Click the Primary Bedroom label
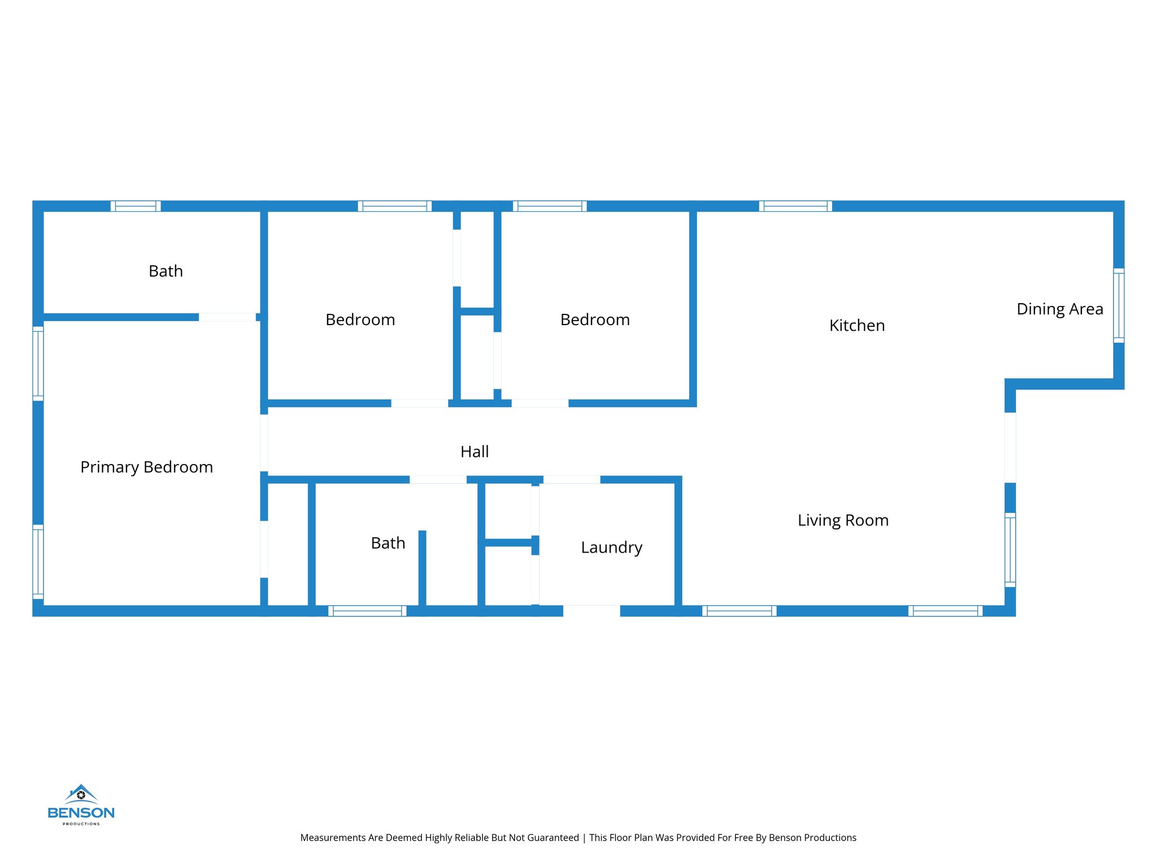click(x=146, y=467)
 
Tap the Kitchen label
click(x=856, y=326)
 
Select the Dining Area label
click(x=1059, y=309)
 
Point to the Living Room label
click(x=843, y=520)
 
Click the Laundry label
click(x=611, y=548)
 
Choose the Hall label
click(x=475, y=452)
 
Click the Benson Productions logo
click(x=81, y=805)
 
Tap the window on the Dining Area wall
click(x=1119, y=305)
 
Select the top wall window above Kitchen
click(x=795, y=206)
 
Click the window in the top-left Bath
click(x=136, y=206)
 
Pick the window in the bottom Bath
click(x=367, y=611)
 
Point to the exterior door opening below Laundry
click(x=591, y=611)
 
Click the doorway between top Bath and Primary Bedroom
click(x=227, y=317)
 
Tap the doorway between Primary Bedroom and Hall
click(x=264, y=443)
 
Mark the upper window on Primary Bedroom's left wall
click(x=38, y=364)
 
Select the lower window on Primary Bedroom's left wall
click(x=38, y=562)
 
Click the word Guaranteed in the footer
click(x=552, y=838)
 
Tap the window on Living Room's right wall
click(x=1010, y=550)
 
